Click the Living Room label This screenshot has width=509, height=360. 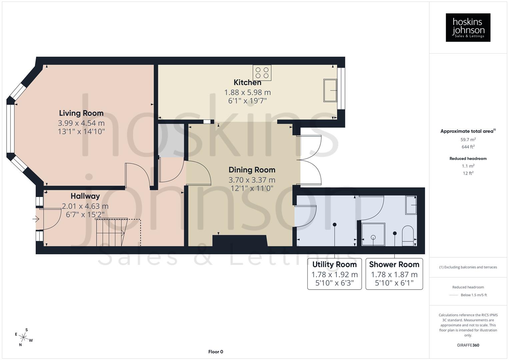81,113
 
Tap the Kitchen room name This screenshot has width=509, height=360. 247,82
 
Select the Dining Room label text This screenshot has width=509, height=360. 252,170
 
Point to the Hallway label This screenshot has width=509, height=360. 85,196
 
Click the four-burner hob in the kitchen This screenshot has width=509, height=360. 262,73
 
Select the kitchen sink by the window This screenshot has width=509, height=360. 330,90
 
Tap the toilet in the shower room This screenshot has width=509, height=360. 408,236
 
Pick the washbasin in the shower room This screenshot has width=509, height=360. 411,205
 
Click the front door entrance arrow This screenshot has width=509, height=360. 36,219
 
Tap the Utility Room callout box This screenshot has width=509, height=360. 334,274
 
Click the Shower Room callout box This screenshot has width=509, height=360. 394,274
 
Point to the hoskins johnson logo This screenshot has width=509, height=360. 468,27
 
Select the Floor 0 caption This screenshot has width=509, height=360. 216,352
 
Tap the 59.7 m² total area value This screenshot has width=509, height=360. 468,140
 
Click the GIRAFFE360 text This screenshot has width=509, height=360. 468,345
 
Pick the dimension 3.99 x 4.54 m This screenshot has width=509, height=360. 81,123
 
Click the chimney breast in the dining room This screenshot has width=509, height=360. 240,241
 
